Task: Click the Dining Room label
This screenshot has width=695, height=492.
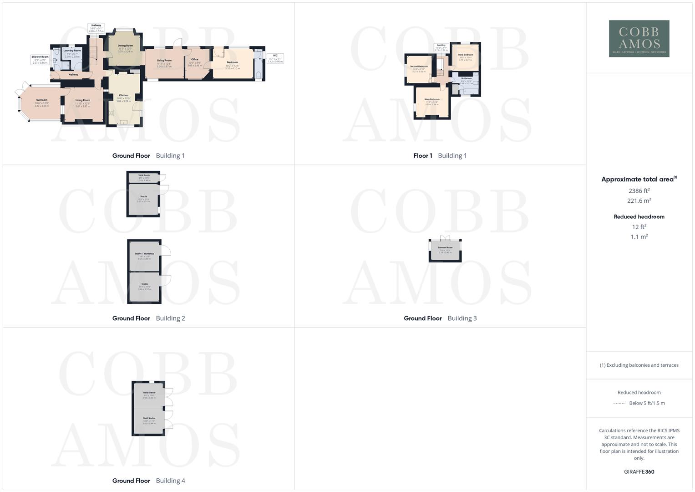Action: [125, 46]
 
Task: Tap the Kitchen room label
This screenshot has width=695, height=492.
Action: [123, 96]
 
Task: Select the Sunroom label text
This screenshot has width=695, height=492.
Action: [41, 100]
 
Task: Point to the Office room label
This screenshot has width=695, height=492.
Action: [194, 60]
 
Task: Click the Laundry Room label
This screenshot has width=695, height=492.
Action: [72, 51]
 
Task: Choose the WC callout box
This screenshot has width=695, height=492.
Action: [275, 58]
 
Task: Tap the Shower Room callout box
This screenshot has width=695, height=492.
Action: [40, 59]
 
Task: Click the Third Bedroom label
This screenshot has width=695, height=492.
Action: [466, 55]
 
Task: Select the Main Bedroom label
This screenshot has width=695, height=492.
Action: [432, 99]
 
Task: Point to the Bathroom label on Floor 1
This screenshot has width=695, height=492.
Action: [467, 78]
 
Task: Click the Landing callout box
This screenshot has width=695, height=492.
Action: [441, 47]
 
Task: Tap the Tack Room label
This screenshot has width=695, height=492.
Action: [144, 175]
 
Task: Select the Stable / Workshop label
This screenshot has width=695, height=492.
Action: [144, 254]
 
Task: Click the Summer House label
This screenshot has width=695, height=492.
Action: [446, 248]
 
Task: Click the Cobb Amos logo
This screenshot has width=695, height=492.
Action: [639, 38]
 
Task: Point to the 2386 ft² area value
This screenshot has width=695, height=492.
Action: [639, 190]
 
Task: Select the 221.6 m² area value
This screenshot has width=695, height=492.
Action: [639, 200]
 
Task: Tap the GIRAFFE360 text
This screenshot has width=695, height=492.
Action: [639, 471]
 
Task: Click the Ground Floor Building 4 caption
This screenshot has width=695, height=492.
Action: [148, 481]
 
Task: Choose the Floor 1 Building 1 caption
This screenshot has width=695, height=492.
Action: [440, 156]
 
